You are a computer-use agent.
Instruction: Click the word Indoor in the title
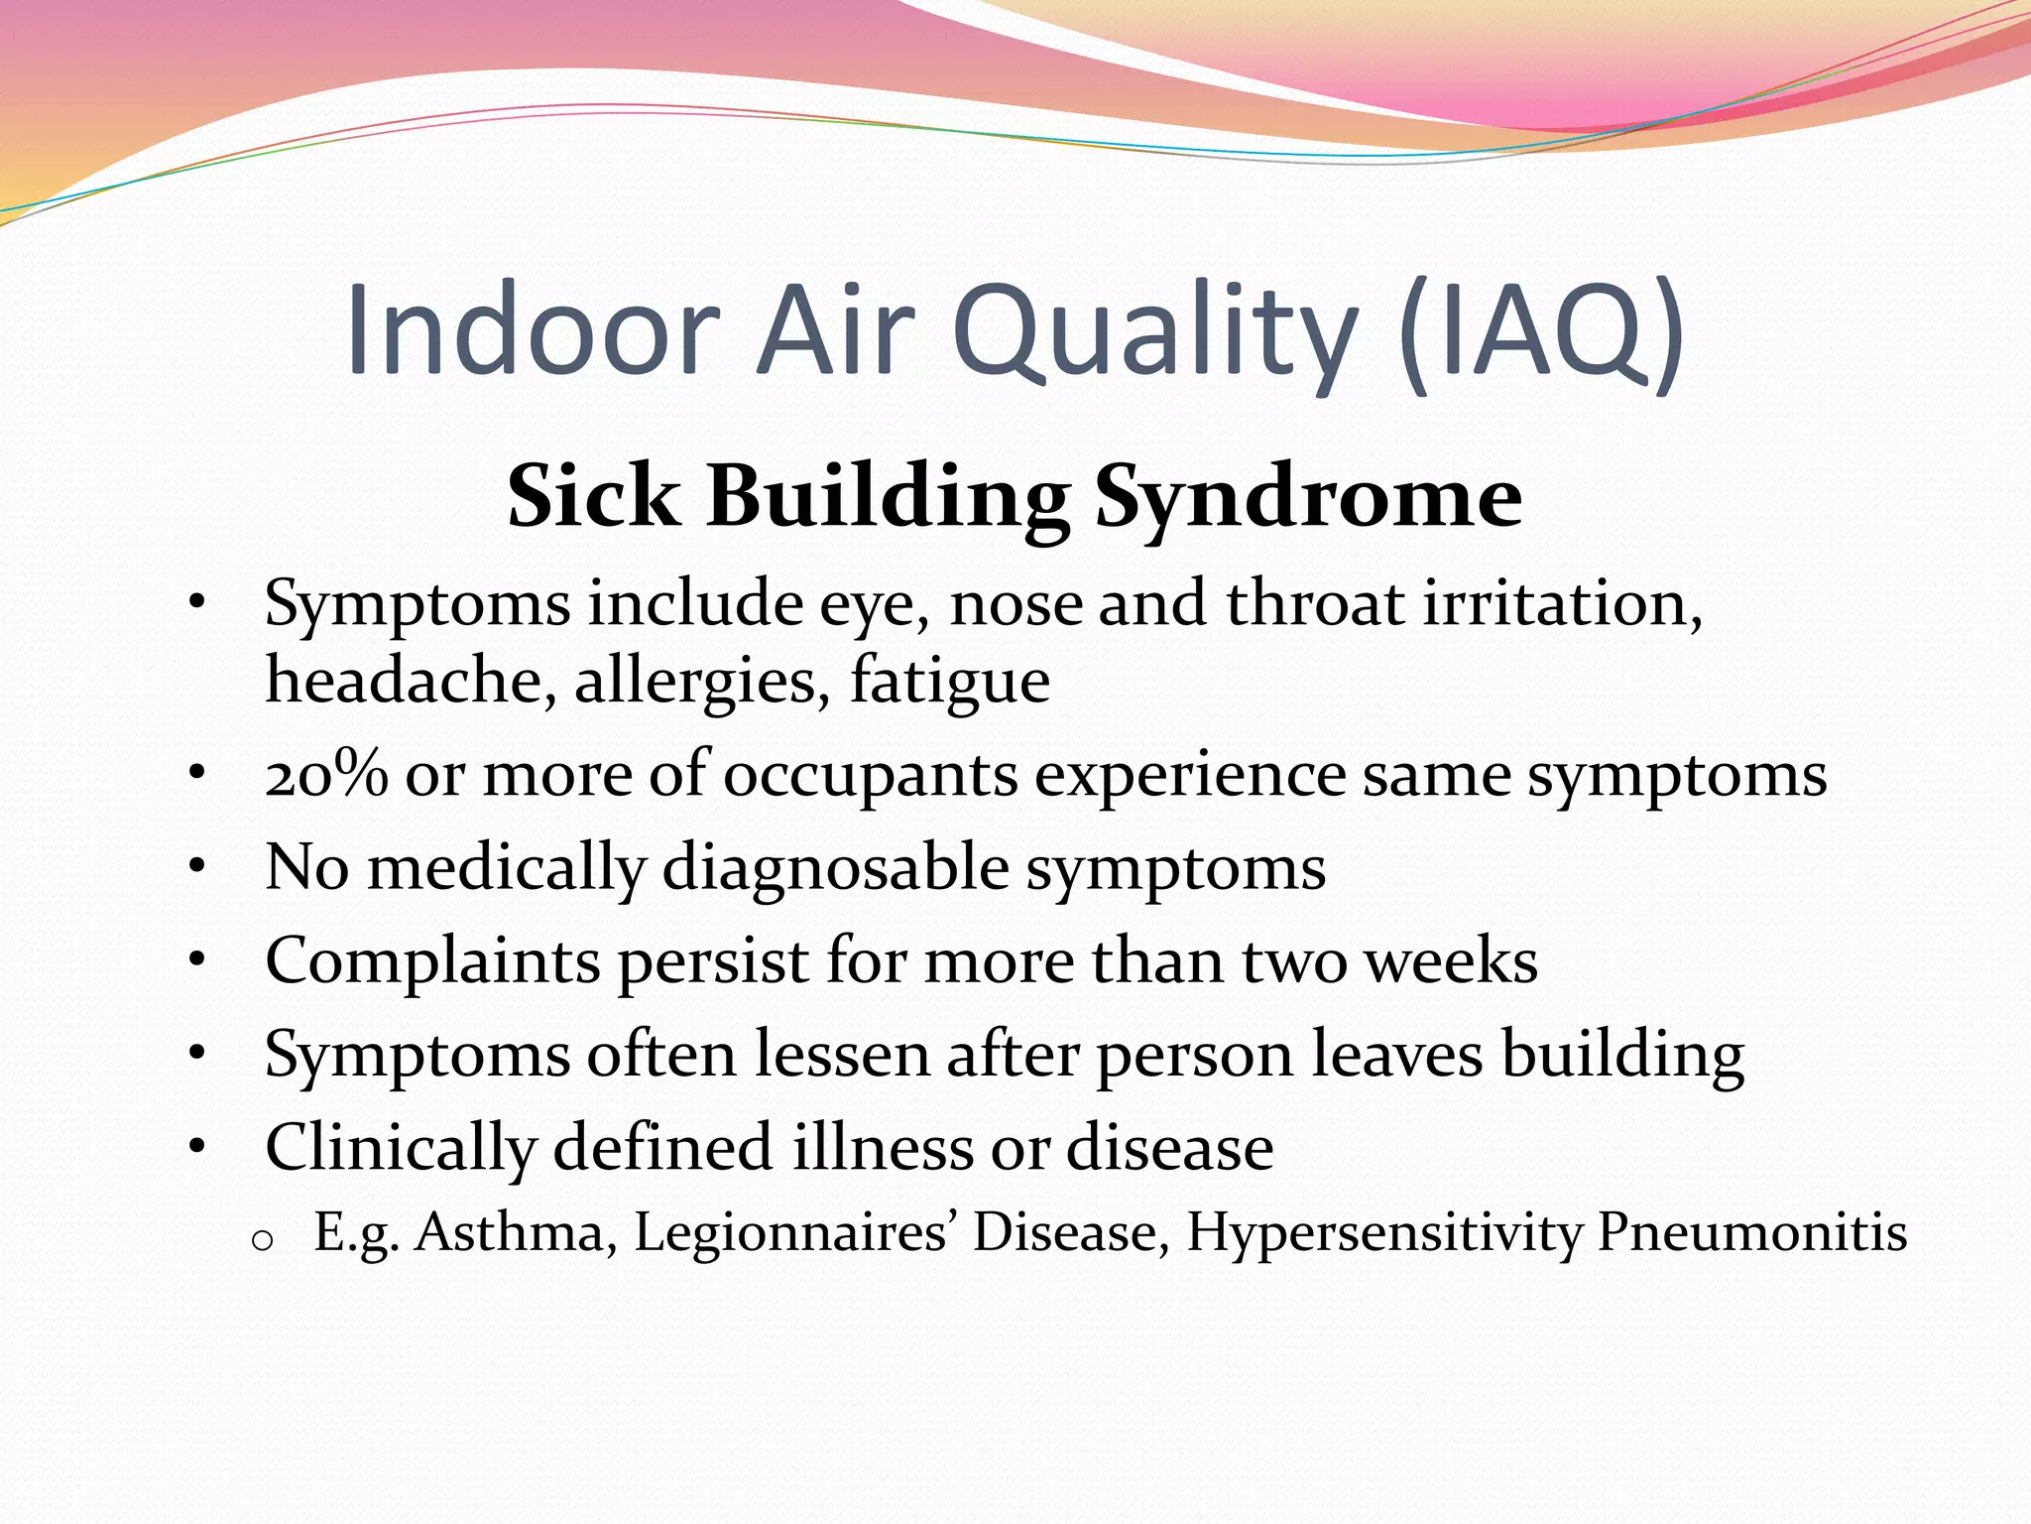click(x=532, y=329)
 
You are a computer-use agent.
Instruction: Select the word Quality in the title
click(x=1153, y=332)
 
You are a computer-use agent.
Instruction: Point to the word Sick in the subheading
click(x=593, y=496)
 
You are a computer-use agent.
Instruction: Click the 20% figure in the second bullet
click(x=326, y=775)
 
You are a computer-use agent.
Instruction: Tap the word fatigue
click(x=949, y=683)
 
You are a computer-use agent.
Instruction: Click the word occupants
click(x=870, y=777)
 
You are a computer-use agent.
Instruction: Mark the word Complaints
click(x=432, y=962)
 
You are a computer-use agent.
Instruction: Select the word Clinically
click(x=400, y=1149)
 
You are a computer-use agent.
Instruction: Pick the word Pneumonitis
click(x=1751, y=1234)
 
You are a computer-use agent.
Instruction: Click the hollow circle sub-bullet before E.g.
click(x=262, y=1240)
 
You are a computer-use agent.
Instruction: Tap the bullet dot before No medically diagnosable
click(x=197, y=867)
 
